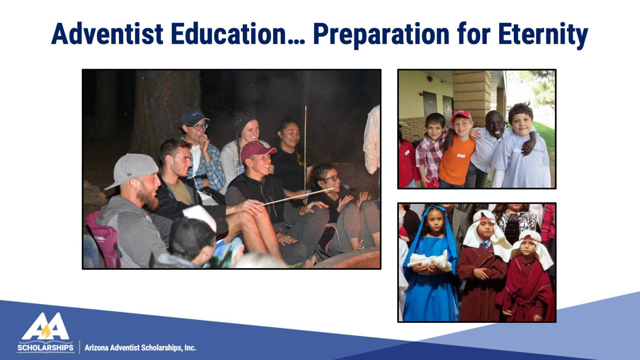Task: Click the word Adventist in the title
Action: tap(107, 34)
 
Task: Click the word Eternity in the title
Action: tap(543, 36)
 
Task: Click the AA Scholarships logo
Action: tap(45, 332)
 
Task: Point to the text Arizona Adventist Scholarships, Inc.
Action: tap(140, 348)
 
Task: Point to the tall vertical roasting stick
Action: tap(305, 148)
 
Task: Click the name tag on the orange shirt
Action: tap(461, 156)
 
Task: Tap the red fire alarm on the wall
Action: tap(430, 78)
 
